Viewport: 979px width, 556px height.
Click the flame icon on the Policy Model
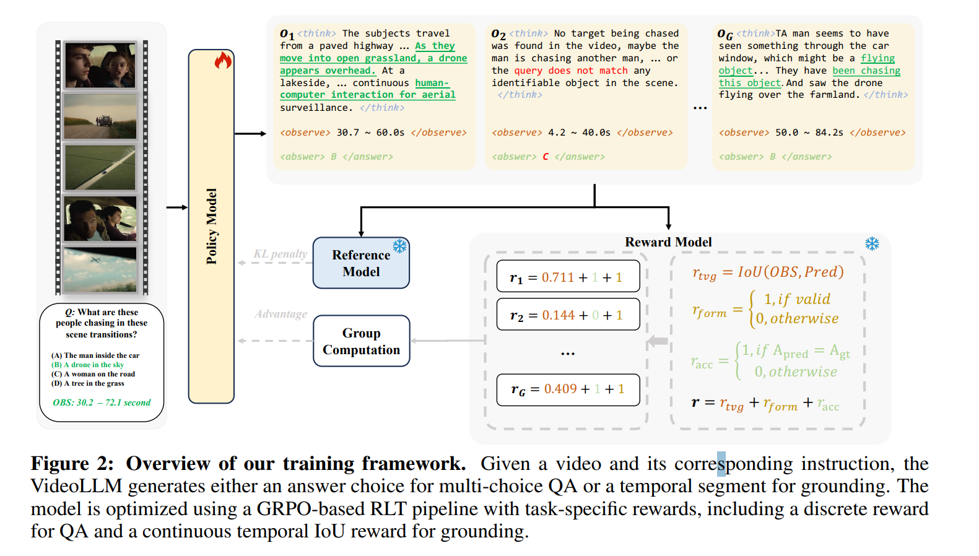click(223, 60)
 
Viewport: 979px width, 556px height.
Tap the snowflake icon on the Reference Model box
click(399, 246)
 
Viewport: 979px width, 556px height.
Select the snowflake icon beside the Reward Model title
click(872, 243)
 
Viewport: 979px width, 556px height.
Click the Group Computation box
click(361, 341)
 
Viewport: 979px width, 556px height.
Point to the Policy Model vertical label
click(212, 227)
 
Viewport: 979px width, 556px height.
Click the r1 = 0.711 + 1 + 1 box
click(567, 277)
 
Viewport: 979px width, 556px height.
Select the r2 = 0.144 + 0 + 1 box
click(567, 315)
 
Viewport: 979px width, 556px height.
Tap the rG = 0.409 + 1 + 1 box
click(567, 389)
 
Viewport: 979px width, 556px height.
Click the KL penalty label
click(280, 253)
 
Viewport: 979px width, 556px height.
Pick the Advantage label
click(281, 314)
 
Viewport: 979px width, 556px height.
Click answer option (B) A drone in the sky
click(87, 365)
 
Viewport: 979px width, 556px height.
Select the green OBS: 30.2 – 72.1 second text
click(102, 402)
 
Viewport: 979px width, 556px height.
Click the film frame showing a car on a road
click(100, 116)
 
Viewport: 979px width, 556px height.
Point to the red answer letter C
click(546, 157)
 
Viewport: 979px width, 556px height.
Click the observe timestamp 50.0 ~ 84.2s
click(809, 132)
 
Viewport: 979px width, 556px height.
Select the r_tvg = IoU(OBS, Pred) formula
click(768, 272)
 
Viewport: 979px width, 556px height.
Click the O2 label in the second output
click(498, 34)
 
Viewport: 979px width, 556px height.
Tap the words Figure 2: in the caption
click(72, 464)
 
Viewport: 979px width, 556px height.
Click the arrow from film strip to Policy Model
click(176, 207)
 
